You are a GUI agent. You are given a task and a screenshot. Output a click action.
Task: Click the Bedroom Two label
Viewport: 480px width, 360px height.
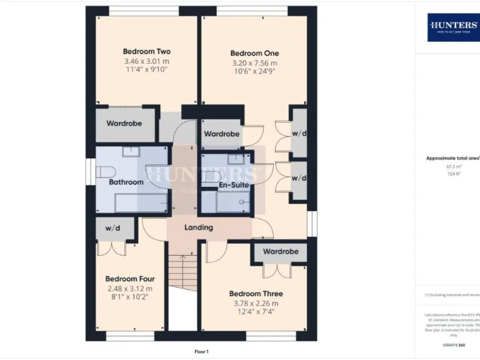point(146,51)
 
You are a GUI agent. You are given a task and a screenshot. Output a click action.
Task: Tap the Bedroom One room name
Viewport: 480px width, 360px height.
point(254,53)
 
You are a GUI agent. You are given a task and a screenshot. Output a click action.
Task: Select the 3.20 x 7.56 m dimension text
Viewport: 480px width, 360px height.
point(254,63)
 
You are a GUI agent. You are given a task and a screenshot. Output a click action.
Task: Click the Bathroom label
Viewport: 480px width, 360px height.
point(126,182)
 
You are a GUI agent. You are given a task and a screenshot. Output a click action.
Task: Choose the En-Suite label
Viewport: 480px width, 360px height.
point(234,185)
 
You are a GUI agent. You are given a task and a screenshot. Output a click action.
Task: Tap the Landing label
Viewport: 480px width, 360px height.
point(199,227)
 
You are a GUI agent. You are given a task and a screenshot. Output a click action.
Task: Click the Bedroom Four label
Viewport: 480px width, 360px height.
point(129,279)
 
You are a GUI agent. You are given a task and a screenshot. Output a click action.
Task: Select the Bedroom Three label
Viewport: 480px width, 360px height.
point(256,294)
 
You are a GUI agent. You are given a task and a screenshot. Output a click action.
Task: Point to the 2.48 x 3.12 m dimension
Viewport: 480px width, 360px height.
point(129,289)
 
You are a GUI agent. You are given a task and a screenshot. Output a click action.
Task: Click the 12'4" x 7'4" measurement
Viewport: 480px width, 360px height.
point(256,312)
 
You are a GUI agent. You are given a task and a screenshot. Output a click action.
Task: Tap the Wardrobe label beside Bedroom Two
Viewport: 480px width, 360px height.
point(124,123)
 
